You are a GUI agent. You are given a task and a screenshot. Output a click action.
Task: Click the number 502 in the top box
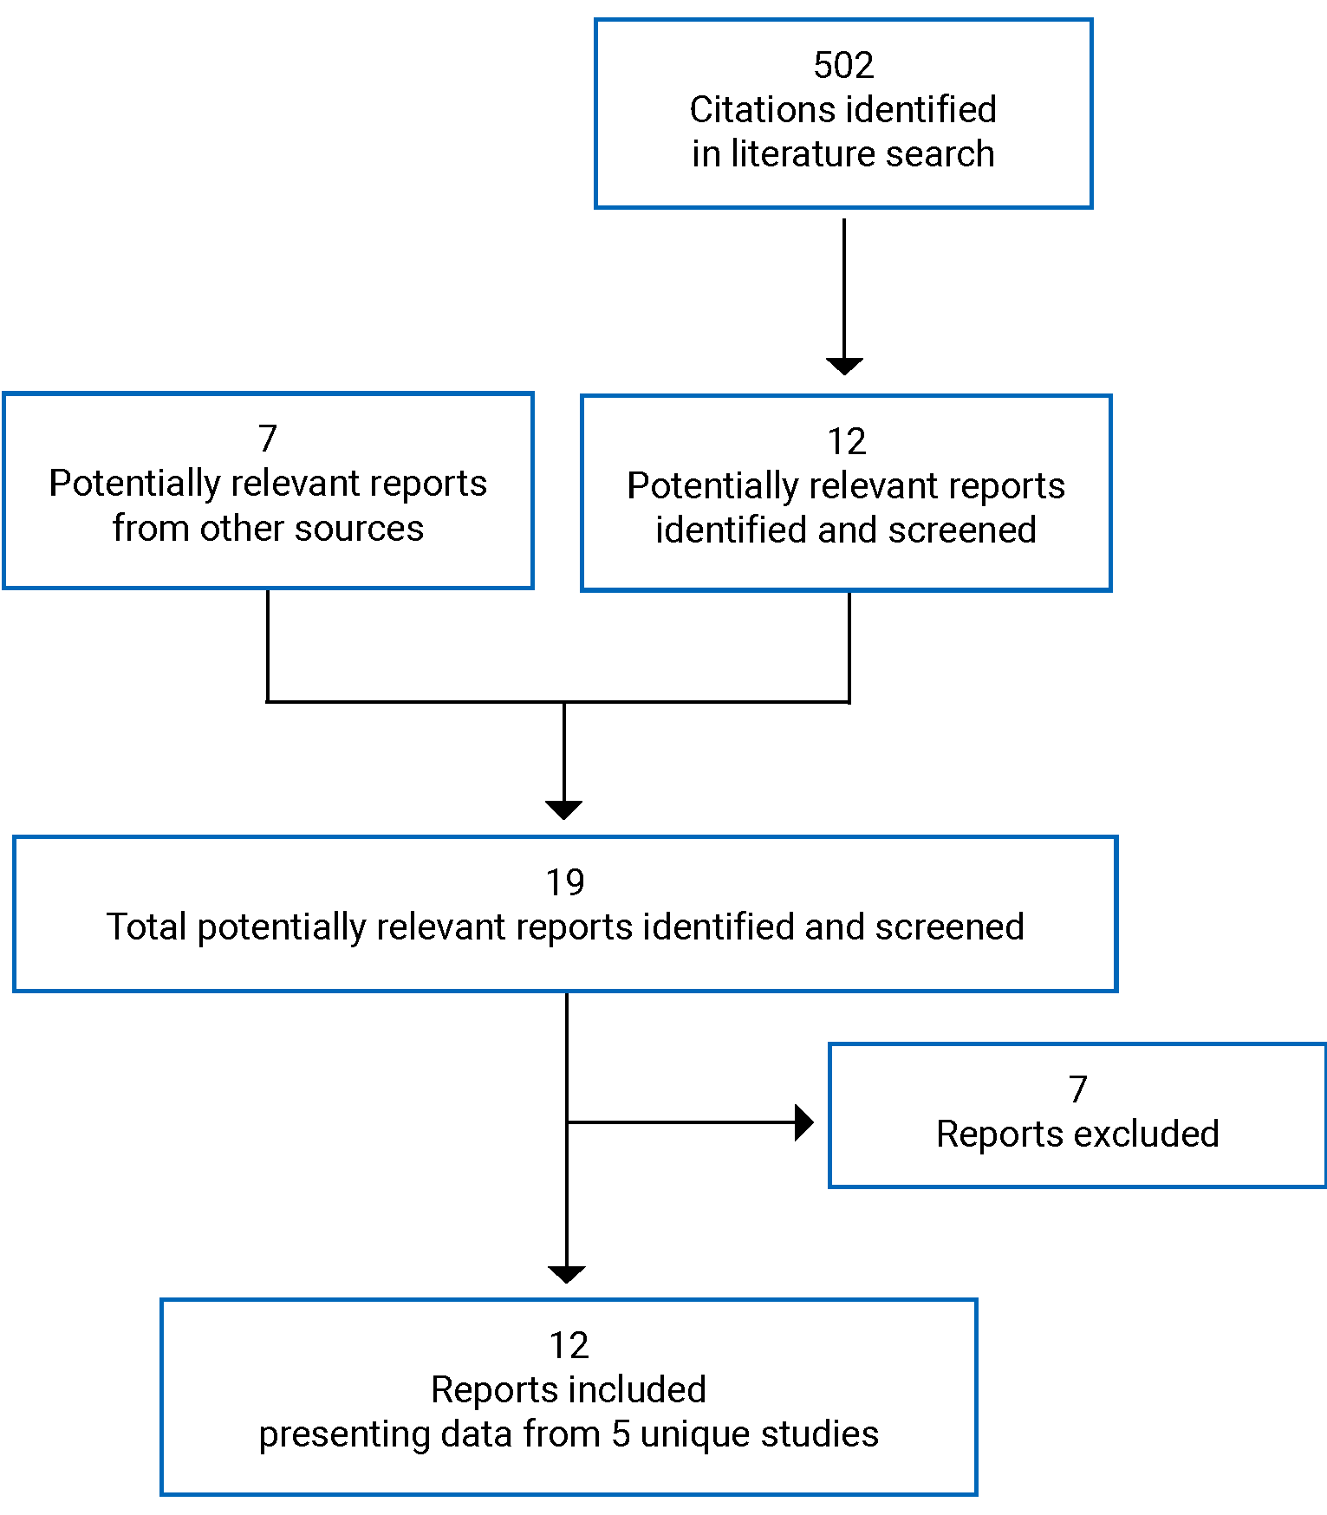click(x=842, y=66)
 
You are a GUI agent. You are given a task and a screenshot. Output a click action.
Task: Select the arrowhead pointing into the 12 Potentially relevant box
click(x=843, y=366)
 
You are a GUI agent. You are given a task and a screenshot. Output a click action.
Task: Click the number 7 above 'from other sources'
click(x=268, y=439)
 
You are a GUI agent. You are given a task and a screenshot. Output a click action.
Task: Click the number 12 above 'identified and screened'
click(x=846, y=442)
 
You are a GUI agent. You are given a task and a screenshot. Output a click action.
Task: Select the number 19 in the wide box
click(x=565, y=883)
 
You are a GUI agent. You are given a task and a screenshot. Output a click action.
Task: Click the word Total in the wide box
click(x=146, y=927)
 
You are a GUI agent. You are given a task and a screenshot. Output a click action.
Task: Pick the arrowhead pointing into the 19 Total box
click(x=564, y=810)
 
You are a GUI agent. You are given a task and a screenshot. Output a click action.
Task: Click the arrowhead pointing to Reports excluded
click(x=803, y=1122)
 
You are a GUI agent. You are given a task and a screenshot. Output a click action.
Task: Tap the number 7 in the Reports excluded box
click(x=1077, y=1089)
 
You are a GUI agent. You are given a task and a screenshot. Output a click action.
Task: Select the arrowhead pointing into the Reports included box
click(x=567, y=1274)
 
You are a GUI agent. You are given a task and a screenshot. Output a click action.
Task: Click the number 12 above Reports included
click(x=569, y=1346)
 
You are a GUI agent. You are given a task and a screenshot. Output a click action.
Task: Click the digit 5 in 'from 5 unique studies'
click(x=621, y=1434)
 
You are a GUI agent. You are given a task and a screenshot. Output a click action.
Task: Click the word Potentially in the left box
click(x=130, y=484)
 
